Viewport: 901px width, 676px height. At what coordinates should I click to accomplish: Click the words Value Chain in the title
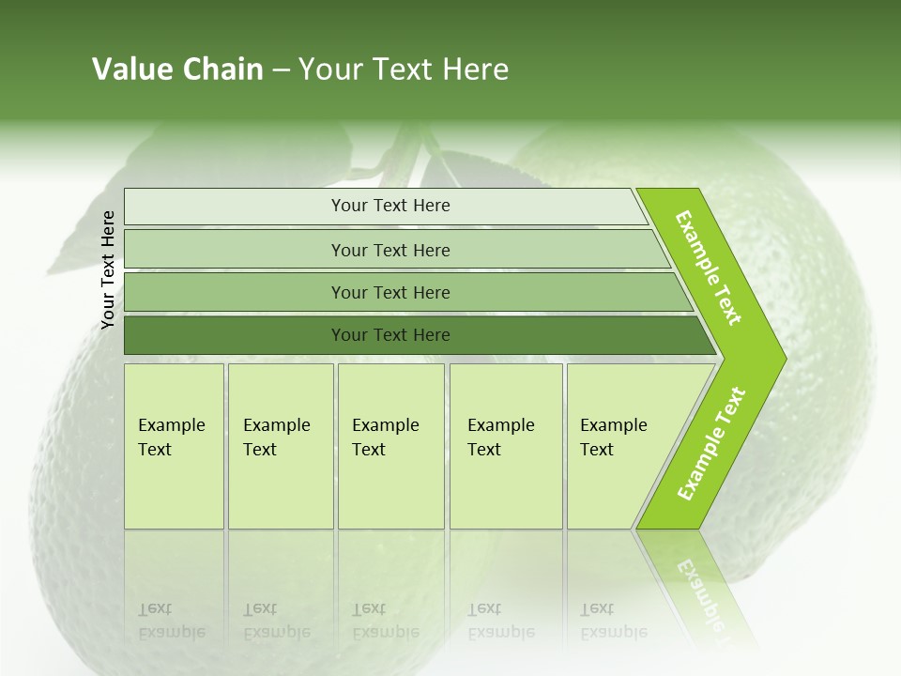pos(177,69)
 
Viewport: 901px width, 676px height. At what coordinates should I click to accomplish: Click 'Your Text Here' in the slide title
pos(404,69)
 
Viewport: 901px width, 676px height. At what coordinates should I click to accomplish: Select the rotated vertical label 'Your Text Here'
pos(108,269)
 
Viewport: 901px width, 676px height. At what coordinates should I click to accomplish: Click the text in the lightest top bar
pos(390,206)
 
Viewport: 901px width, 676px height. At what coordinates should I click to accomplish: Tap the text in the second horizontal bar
pos(390,251)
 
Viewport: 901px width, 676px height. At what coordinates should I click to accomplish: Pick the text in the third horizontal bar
pos(390,293)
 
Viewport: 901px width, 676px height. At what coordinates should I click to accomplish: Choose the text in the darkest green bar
pos(390,335)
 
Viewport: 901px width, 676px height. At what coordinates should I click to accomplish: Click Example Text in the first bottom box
pos(171,438)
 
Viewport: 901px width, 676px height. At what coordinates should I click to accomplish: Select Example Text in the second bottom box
pos(276,438)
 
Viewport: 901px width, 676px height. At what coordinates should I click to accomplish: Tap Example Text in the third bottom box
pos(385,438)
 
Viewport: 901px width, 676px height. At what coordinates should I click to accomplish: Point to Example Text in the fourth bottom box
pos(500,438)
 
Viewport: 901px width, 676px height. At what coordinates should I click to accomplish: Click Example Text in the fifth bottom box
pos(613,438)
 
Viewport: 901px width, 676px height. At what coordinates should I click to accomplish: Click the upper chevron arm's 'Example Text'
pos(709,268)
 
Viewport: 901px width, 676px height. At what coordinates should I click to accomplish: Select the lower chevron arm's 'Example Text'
pos(711,444)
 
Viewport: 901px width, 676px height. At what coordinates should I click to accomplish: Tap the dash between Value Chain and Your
pos(281,70)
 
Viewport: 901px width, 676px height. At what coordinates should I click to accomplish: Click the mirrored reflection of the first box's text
pos(171,621)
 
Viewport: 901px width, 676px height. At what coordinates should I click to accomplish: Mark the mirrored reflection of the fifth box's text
pos(613,621)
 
